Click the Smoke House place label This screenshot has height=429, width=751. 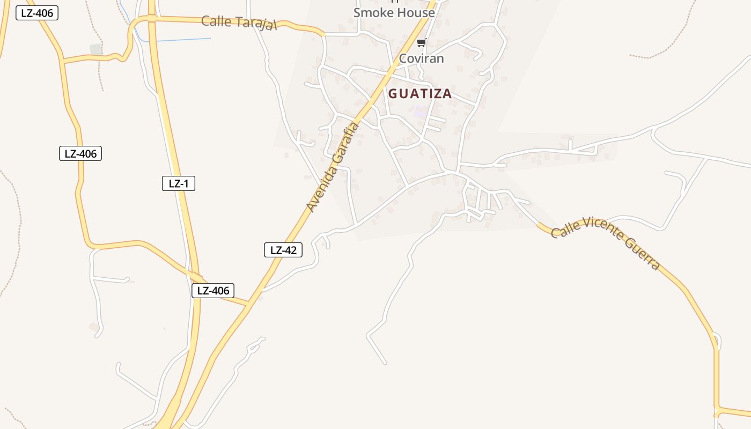click(394, 12)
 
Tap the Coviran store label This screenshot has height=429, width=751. click(421, 58)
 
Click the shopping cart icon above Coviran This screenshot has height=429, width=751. click(421, 43)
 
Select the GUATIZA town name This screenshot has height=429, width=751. click(420, 94)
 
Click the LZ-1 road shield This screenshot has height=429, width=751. click(179, 183)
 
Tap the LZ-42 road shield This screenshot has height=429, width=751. click(283, 250)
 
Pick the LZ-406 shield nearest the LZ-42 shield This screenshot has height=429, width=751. click(213, 291)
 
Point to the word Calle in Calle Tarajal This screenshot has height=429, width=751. click(216, 21)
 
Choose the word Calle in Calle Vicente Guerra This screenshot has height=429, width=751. click(563, 230)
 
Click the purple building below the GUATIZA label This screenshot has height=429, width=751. click(421, 112)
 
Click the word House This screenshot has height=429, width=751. click(415, 12)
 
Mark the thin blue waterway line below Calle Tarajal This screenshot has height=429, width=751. click(182, 39)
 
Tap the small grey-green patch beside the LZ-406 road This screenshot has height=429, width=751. click(96, 49)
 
